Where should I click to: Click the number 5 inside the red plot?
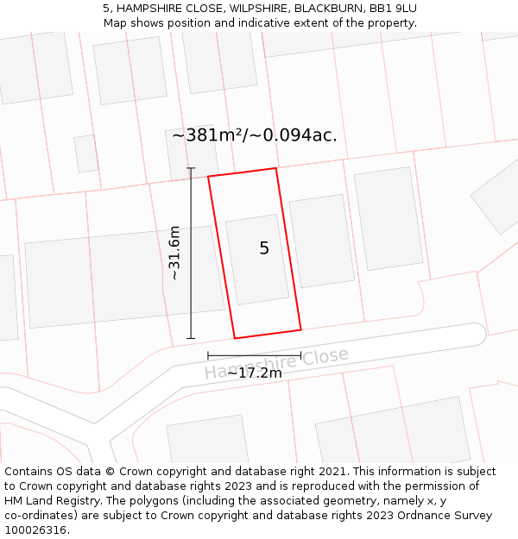[264, 248]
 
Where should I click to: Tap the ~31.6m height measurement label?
[174, 253]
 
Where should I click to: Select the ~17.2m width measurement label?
[255, 373]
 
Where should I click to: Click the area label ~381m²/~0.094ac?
[255, 135]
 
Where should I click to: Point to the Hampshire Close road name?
[276, 364]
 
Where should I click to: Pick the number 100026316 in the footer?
[34, 530]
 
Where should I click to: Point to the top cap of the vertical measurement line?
[191, 168]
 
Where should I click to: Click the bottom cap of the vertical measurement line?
[191, 338]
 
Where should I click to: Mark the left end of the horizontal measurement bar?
[208, 355]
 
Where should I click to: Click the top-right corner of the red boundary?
[276, 168]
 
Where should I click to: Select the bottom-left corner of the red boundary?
[235, 338]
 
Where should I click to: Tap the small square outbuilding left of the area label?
[85, 154]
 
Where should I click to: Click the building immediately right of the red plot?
[321, 241]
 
